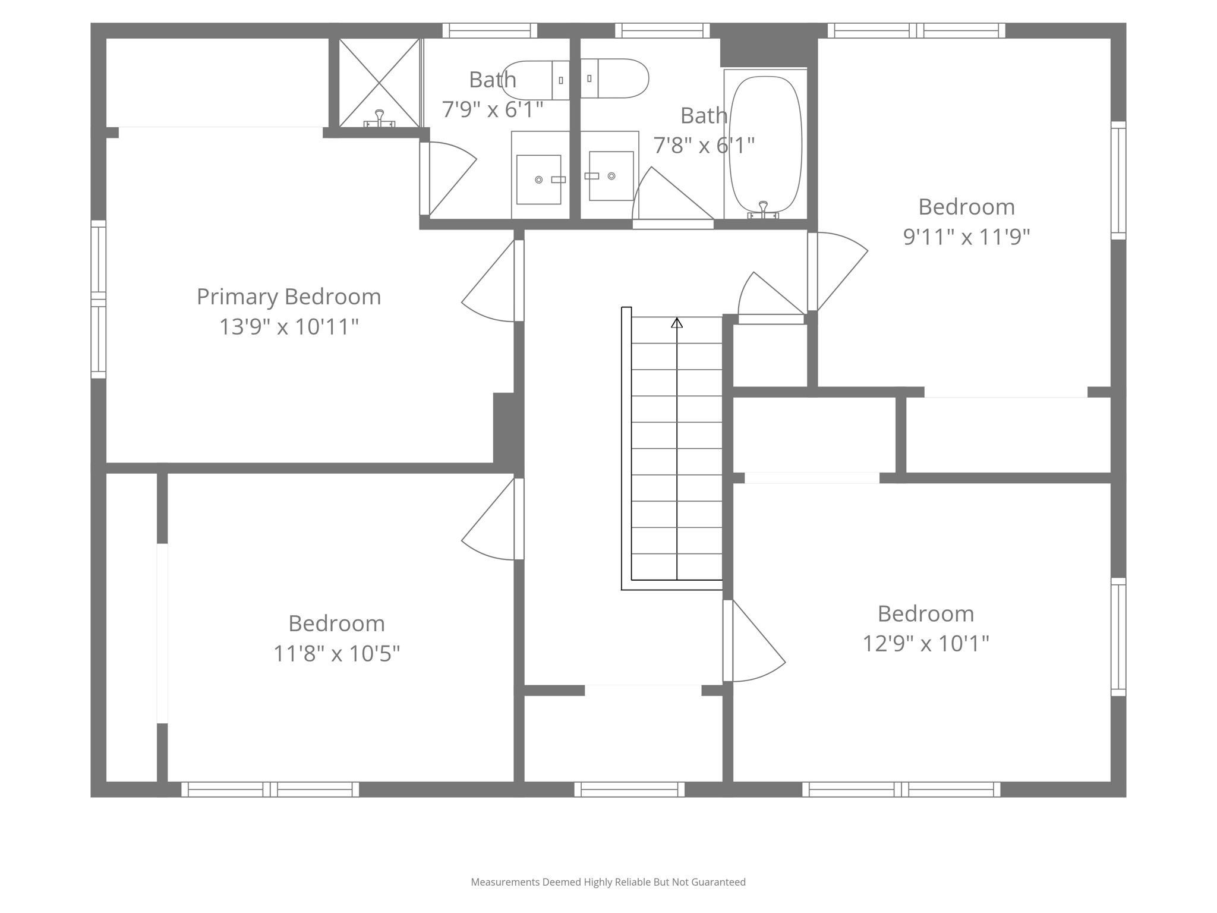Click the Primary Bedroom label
(x=289, y=297)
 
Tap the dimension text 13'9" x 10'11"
(x=289, y=327)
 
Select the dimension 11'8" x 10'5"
(x=336, y=654)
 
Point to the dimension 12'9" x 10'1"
(x=925, y=644)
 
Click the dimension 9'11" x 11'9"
(x=966, y=237)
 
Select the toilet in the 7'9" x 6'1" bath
(x=535, y=80)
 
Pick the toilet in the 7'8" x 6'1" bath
(x=615, y=78)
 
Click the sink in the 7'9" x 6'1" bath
(x=539, y=180)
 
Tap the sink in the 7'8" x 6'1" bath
(x=611, y=176)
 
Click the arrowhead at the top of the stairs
(x=677, y=323)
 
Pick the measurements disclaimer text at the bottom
(x=608, y=882)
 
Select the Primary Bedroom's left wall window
(x=98, y=299)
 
